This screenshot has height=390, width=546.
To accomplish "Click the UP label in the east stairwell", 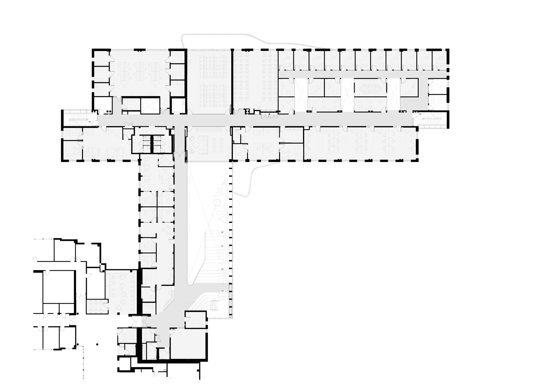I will [420, 114].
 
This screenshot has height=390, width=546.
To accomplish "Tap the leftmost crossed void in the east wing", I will [301, 94].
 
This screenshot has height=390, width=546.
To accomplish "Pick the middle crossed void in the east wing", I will [348, 94].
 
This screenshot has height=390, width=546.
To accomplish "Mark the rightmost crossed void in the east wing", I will [393, 94].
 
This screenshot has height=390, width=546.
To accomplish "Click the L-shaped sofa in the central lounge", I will [203, 144].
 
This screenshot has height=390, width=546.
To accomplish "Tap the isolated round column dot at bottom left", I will [97, 344].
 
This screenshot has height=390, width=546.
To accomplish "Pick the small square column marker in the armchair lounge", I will [118, 314].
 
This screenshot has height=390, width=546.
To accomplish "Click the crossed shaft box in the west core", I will [150, 105].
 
